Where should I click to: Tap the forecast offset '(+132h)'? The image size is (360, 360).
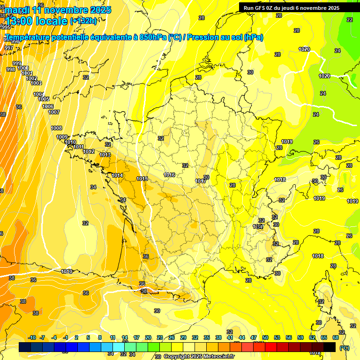point(83,21)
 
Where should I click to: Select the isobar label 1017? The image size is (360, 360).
point(201,181)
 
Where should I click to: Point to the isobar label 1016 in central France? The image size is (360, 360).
point(170,175)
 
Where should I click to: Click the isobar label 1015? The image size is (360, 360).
point(142,179)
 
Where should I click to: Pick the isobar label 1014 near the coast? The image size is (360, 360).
point(117,175)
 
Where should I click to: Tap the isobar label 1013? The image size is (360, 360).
point(105,155)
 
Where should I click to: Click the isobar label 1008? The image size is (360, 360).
point(56,128)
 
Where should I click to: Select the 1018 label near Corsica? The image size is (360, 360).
point(318,256)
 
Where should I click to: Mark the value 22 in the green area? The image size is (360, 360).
point(350,20)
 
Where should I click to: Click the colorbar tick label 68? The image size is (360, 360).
point(336,337)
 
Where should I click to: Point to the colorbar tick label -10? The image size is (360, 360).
point(32,337)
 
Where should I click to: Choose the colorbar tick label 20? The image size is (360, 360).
point(148,337)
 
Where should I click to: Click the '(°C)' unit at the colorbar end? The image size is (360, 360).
point(345,347)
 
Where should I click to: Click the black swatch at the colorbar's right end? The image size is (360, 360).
point(330,347)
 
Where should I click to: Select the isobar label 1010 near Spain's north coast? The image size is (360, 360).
point(67,271)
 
